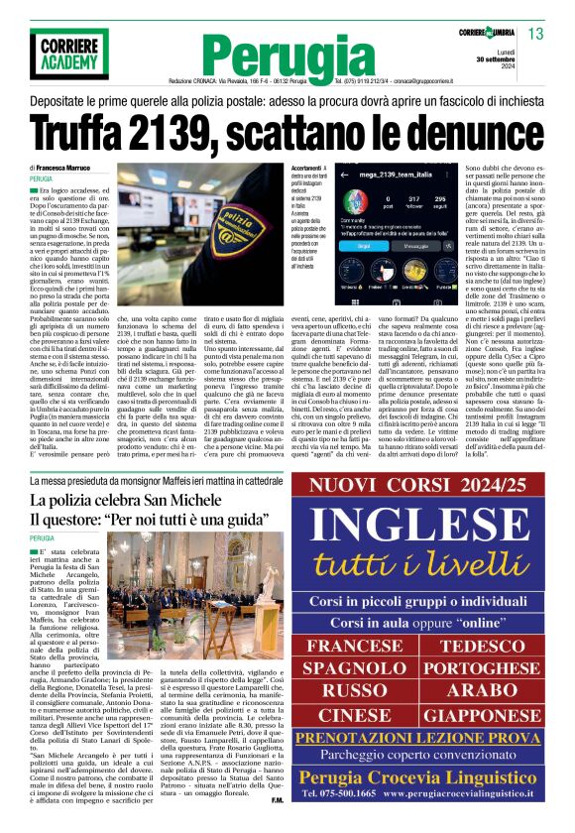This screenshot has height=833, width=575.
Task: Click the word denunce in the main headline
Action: [x=446, y=131]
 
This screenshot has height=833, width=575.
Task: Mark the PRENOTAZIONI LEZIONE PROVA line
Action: [x=427, y=739]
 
